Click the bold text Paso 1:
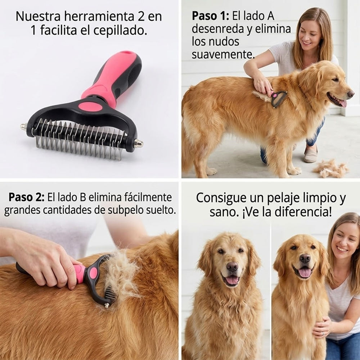[x=210, y=16]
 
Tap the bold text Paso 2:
[x=26, y=197]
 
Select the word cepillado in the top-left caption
[x=120, y=31]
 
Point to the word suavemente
[x=223, y=55]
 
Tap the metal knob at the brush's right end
[x=139, y=144]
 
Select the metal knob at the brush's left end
[x=24, y=126]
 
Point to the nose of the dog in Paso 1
[x=350, y=94]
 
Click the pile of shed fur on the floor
[x=330, y=168]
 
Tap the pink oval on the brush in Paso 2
[x=93, y=273]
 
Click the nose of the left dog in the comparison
[x=232, y=267]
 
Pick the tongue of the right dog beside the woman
[x=305, y=273]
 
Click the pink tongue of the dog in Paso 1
[x=342, y=103]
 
